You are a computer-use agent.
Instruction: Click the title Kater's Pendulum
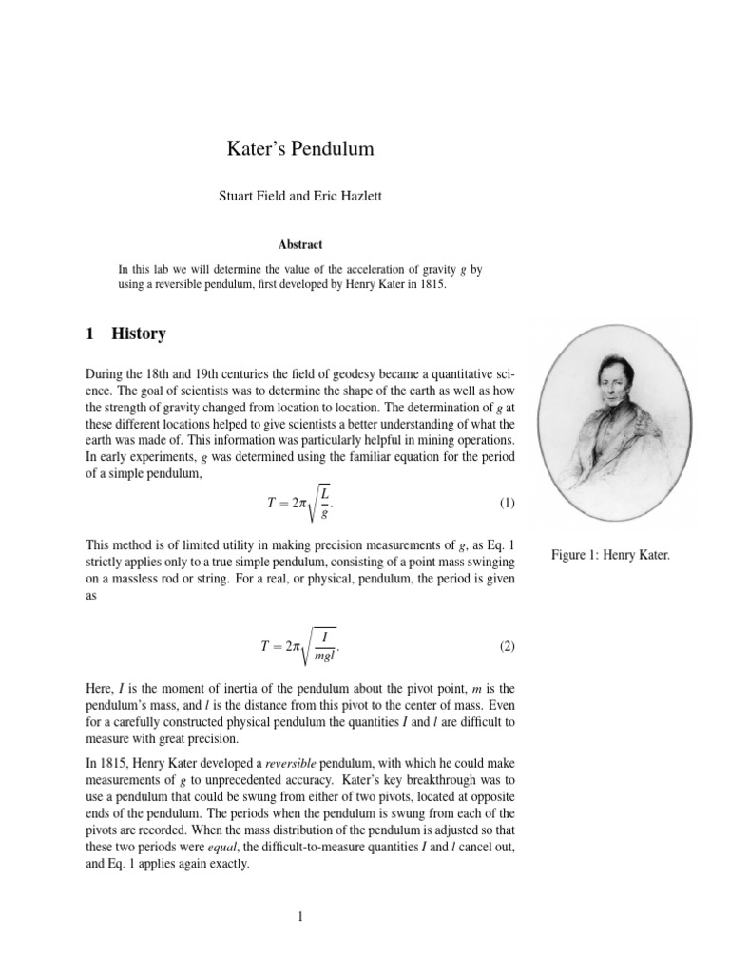point(300,149)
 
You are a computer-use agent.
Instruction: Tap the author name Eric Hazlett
point(346,198)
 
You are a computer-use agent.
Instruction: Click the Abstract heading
point(300,244)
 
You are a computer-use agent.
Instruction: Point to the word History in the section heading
point(139,334)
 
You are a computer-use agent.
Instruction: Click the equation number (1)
point(506,503)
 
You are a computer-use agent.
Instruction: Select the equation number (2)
point(506,647)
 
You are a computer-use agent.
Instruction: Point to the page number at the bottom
point(300,917)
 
